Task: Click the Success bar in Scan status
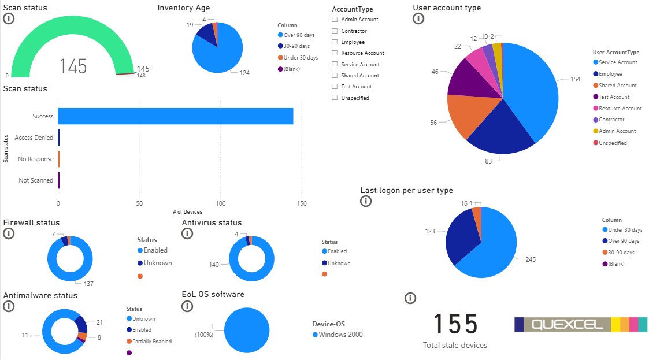175,116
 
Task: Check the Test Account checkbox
335,86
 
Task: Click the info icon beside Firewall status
8,233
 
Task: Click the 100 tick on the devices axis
220,203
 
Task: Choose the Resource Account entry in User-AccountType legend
620,108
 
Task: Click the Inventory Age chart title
184,8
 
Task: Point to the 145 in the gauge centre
73,66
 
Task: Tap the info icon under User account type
418,18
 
